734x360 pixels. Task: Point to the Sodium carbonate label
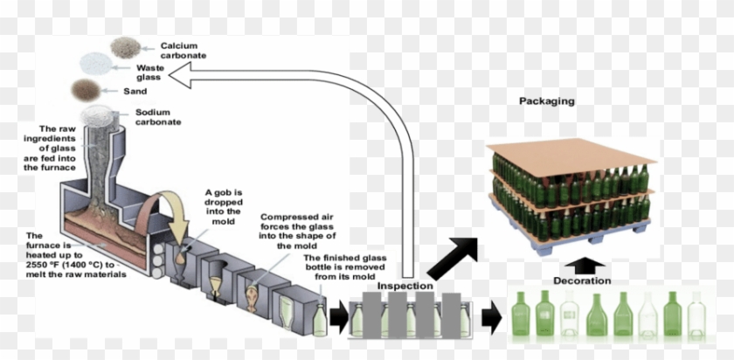(x=157, y=117)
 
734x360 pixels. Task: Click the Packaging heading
(x=546, y=101)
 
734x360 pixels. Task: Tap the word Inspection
(x=405, y=287)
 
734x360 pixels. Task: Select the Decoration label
(x=582, y=280)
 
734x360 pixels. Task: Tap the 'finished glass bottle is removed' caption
(x=344, y=266)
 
